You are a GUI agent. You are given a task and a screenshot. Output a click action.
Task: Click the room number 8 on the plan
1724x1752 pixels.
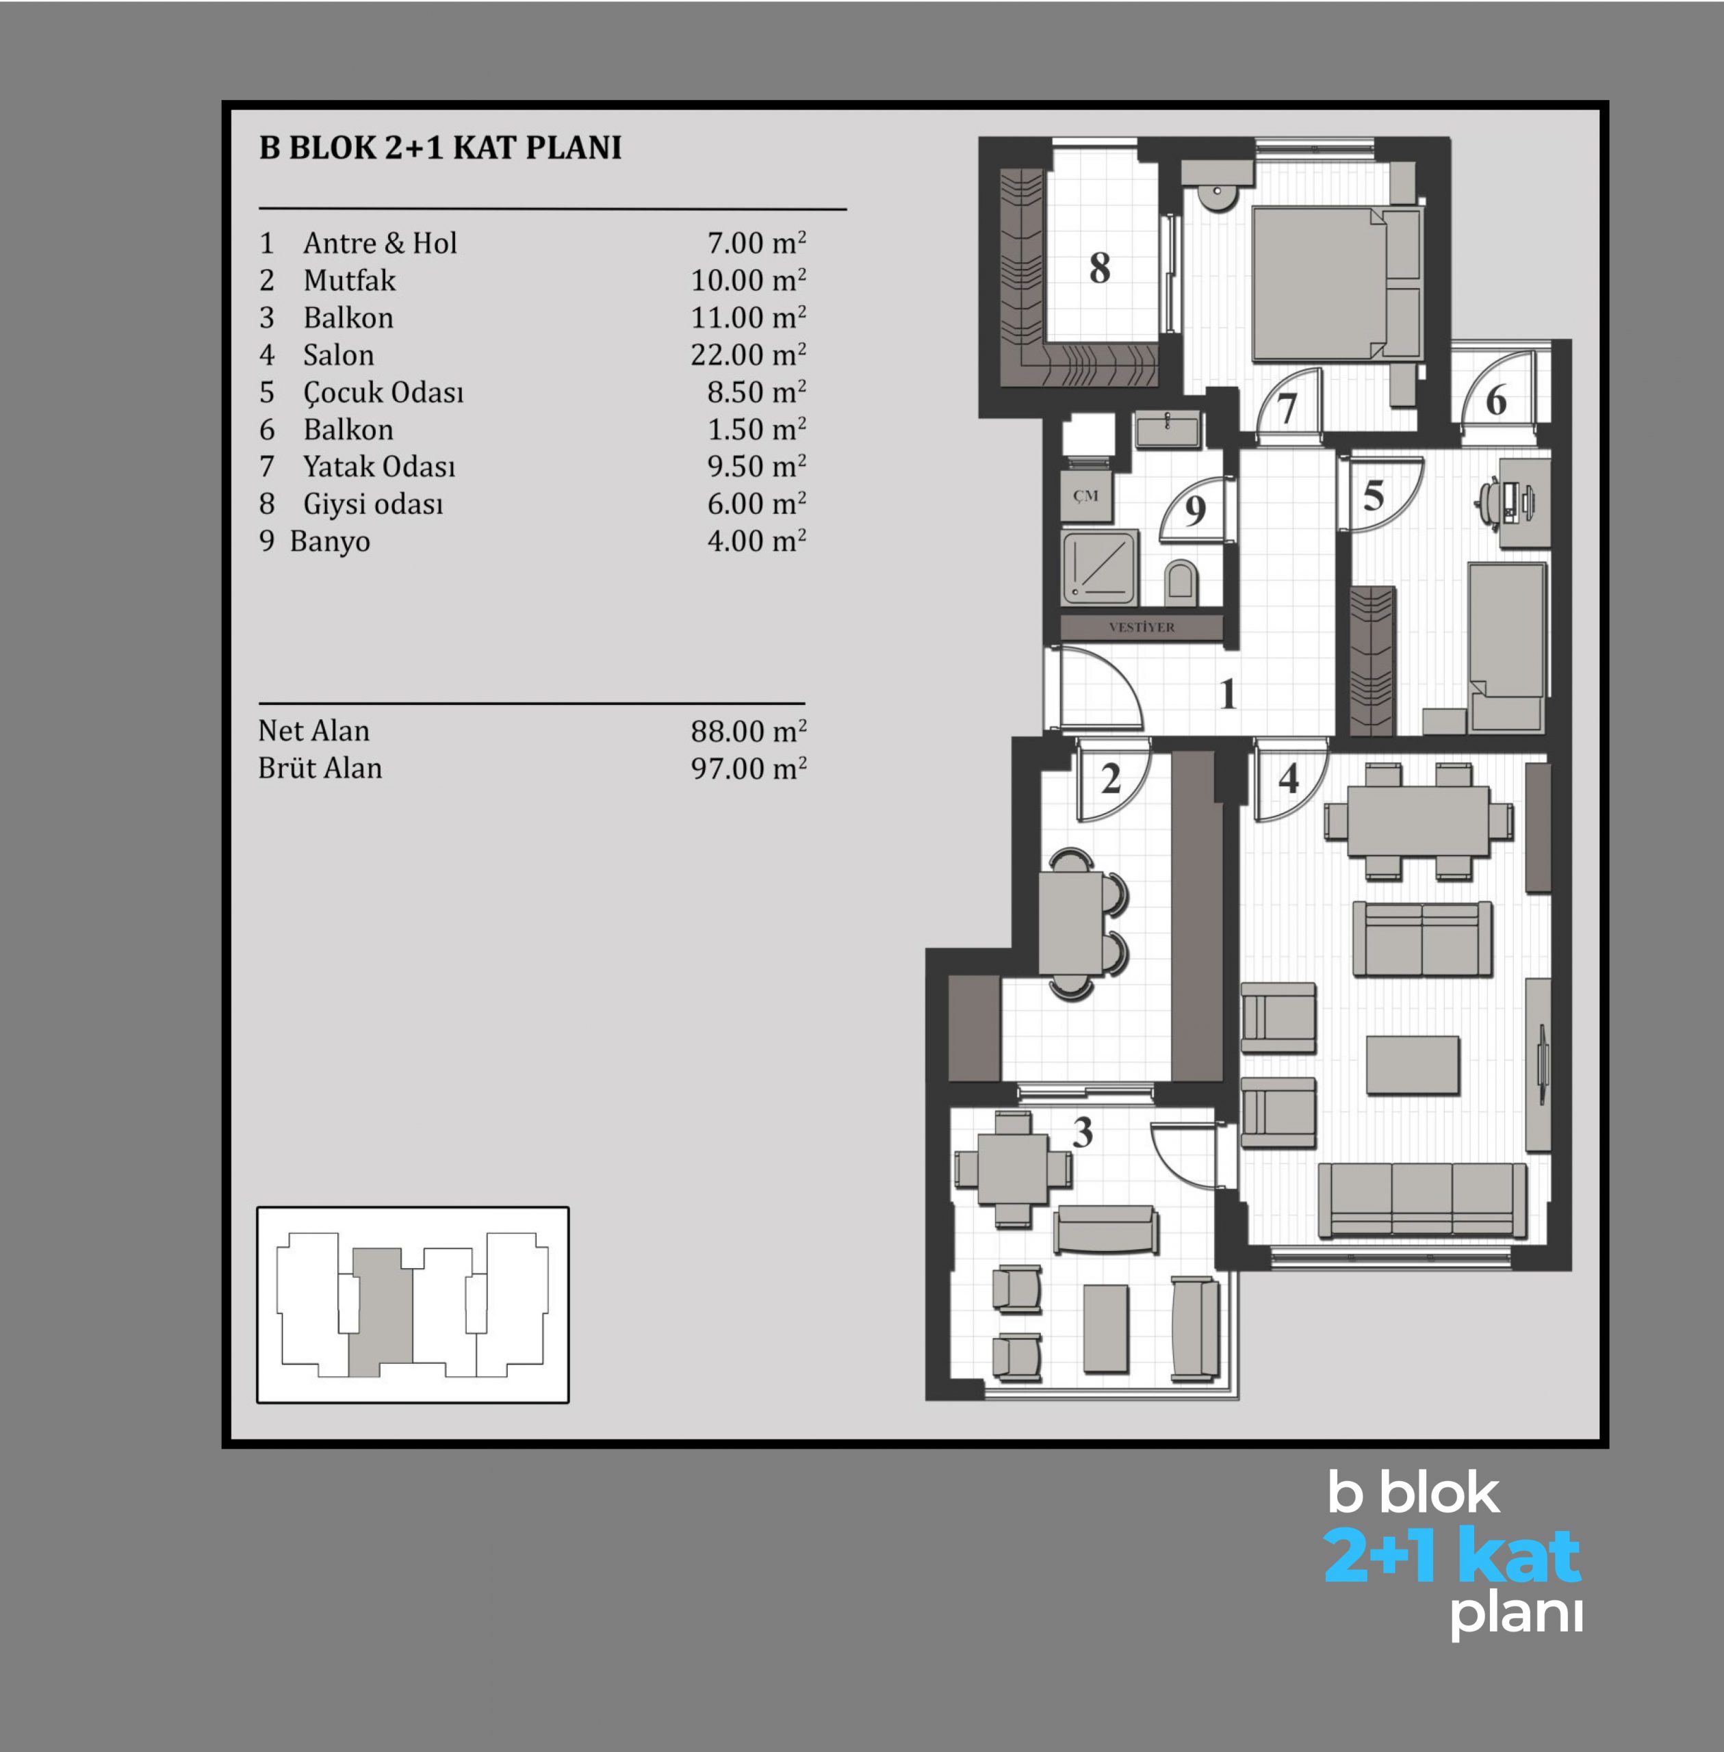point(1099,268)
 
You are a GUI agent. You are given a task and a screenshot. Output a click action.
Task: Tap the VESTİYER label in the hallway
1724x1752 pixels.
point(1141,627)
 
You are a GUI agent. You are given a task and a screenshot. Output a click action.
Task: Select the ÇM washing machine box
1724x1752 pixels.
point(1085,495)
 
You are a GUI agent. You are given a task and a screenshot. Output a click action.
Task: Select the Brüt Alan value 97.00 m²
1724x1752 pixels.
point(748,768)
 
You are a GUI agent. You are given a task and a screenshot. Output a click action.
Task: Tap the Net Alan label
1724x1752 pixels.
point(313,731)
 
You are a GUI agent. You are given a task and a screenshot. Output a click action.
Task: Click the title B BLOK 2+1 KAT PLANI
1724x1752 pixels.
point(440,148)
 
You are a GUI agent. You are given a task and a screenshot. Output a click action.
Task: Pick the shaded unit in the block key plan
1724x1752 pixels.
point(381,1312)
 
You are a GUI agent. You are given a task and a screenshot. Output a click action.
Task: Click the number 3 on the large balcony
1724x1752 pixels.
point(1082,1133)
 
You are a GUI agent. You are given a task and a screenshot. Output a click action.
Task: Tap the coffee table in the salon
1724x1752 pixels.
point(1413,1066)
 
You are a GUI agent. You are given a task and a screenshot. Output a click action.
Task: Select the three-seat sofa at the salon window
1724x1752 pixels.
point(1421,1200)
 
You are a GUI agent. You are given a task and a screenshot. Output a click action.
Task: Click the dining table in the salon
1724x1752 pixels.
point(1418,821)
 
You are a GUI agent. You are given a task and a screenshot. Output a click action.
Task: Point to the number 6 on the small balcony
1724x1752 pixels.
point(1496,400)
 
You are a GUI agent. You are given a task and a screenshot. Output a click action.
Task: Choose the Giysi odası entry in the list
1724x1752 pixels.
point(373,504)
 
